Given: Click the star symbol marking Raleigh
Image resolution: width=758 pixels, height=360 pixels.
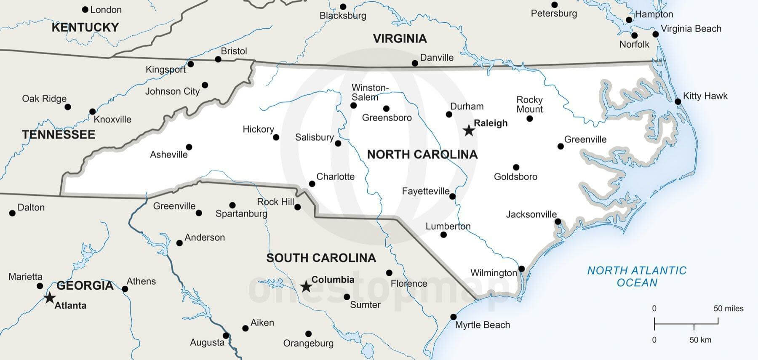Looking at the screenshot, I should [469, 131].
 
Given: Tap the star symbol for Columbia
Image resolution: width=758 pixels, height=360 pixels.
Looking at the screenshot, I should [306, 287].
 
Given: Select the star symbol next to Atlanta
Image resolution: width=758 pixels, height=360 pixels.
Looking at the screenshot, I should [50, 298].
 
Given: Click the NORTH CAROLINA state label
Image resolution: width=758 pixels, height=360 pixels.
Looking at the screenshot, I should [422, 155].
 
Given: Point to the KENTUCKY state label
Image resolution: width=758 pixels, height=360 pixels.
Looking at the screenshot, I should [85, 27].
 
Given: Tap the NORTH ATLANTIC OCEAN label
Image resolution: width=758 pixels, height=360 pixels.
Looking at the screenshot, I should [637, 276].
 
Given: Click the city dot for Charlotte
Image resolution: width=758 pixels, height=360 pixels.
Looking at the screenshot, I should [312, 184].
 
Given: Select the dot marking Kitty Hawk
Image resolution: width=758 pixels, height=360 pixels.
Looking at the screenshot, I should [678, 101].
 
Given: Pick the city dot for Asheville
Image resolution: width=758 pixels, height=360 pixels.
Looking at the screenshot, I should [189, 147].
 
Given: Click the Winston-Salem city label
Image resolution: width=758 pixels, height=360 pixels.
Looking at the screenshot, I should [370, 92].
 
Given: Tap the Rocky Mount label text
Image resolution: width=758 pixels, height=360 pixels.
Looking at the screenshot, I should [529, 104].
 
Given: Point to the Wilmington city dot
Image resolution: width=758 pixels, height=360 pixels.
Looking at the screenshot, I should [521, 269].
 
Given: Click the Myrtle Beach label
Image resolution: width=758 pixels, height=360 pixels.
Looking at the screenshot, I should [482, 325].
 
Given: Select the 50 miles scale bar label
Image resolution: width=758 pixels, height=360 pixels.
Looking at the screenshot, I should [728, 309].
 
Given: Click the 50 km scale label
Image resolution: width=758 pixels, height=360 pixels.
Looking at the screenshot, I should [700, 340].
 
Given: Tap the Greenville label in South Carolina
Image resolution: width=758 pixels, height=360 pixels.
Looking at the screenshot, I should [174, 206].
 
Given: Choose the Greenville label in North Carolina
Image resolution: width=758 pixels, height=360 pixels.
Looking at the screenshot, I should [585, 139].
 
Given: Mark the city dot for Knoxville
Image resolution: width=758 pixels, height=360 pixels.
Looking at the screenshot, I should [92, 112].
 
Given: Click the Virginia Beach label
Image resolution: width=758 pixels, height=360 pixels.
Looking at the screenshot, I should [691, 29].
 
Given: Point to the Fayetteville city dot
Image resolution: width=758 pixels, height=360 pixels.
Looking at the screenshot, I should [452, 196].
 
